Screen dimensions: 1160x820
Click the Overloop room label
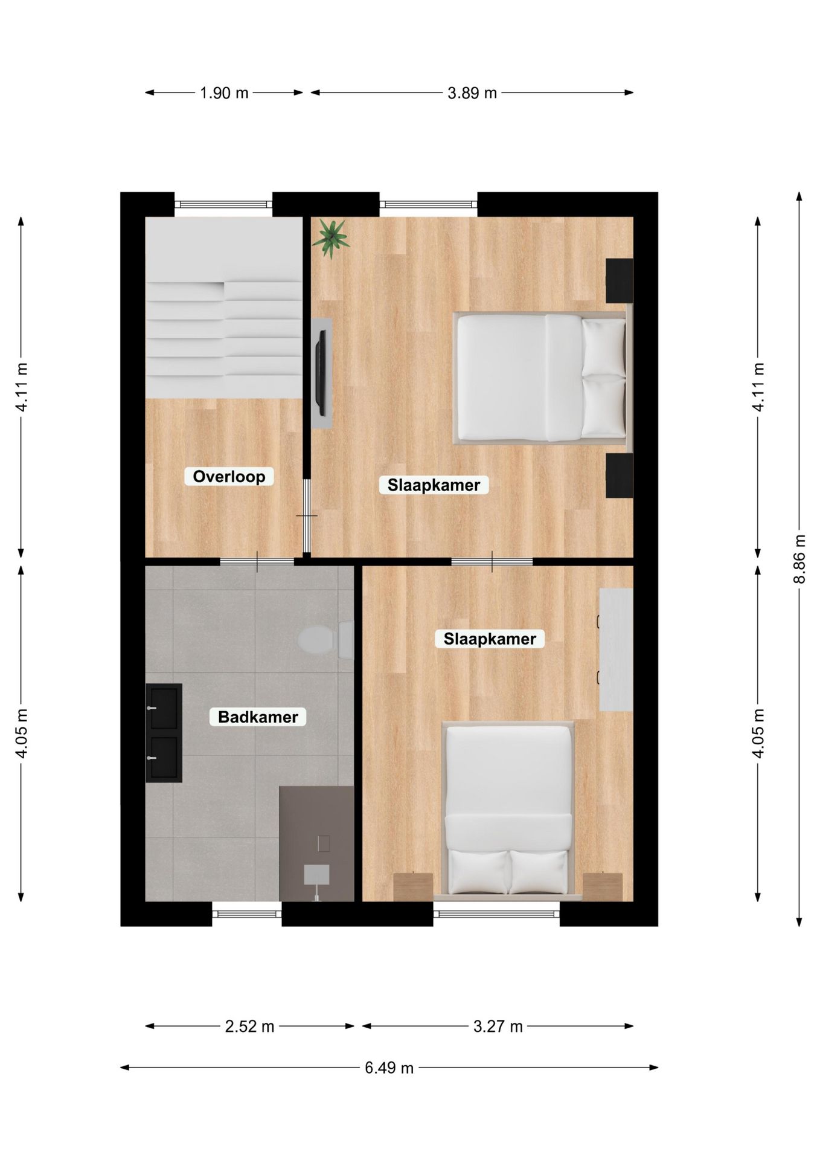[x=229, y=477]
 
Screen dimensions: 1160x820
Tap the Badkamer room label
[x=258, y=717]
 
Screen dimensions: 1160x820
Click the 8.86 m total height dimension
[x=799, y=559]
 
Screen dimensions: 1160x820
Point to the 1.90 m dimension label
[x=224, y=93]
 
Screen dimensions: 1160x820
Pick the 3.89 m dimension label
[x=472, y=93]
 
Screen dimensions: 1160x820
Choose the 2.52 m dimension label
[x=249, y=1026]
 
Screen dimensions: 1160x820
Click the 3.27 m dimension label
[x=498, y=1026]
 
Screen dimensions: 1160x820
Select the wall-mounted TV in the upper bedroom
[x=322, y=373]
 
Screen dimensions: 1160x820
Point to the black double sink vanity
[x=164, y=733]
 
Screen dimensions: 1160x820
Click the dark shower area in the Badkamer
[x=316, y=843]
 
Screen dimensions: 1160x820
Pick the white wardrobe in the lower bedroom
[x=615, y=650]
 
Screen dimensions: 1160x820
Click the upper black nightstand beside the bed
[x=619, y=280]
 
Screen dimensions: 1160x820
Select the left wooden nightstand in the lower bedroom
[x=413, y=886]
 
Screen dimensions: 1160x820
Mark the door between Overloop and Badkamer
[x=257, y=562]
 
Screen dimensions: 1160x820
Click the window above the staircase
[x=223, y=204]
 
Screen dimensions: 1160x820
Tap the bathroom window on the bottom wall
[x=246, y=913]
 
